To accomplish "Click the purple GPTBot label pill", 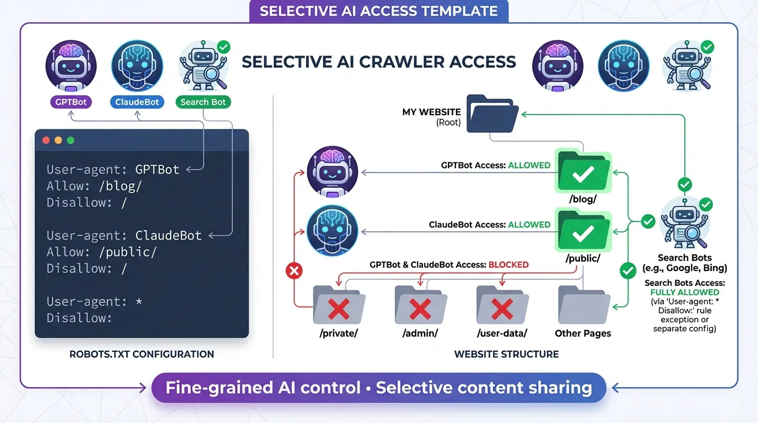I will pyautogui.click(x=71, y=102).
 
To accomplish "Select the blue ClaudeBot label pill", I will pyautogui.click(x=137, y=102).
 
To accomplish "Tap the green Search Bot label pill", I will pyautogui.click(x=203, y=102).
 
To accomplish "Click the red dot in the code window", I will pyautogui.click(x=46, y=140).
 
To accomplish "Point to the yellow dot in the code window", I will pyautogui.click(x=58, y=140).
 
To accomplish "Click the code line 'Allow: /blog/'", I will pyautogui.click(x=94, y=186).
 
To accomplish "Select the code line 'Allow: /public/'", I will pyautogui.click(x=101, y=252).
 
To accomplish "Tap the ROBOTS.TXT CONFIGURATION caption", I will pyautogui.click(x=142, y=354).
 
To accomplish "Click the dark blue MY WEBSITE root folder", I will pyautogui.click(x=492, y=114).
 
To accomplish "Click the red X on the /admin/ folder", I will pyautogui.click(x=420, y=308).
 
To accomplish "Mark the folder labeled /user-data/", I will pyautogui.click(x=502, y=306).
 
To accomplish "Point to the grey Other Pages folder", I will pyautogui.click(x=583, y=306).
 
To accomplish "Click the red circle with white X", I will pyautogui.click(x=295, y=271).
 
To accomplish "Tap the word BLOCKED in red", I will pyautogui.click(x=508, y=264).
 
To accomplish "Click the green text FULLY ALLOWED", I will pyautogui.click(x=685, y=292).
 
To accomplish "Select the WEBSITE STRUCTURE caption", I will pyautogui.click(x=506, y=354).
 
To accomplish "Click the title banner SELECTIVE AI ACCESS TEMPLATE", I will pyautogui.click(x=378, y=11).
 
